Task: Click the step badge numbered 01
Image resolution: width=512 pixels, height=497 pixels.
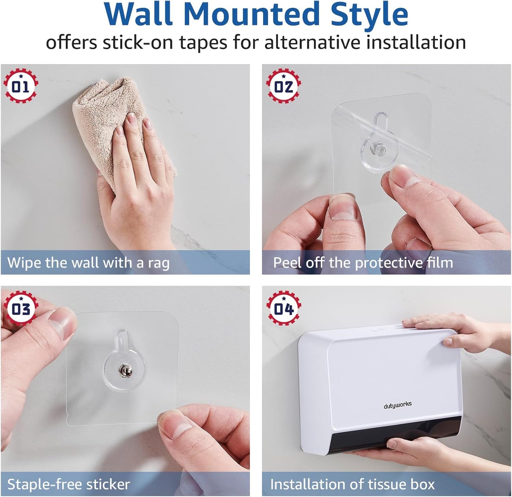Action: click(x=21, y=86)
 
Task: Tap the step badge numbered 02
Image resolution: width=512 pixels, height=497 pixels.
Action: click(x=283, y=86)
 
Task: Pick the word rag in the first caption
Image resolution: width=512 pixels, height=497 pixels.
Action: click(x=158, y=263)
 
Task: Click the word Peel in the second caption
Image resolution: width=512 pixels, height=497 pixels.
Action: click(x=287, y=263)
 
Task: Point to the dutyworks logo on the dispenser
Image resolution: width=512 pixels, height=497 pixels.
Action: click(x=398, y=405)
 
